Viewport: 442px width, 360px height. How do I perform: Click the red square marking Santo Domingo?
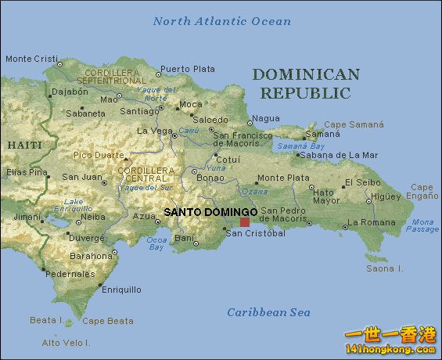(245, 222)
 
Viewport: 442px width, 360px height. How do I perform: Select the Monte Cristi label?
(31, 59)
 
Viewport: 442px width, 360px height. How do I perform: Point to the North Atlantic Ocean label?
(221, 21)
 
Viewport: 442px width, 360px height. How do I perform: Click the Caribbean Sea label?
(268, 312)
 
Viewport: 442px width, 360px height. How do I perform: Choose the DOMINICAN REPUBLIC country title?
(306, 84)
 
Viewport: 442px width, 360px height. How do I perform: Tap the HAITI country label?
(24, 146)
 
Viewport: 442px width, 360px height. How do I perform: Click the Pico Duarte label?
(99, 155)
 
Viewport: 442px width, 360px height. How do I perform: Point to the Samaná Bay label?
(300, 146)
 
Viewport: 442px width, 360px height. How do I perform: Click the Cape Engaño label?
(422, 192)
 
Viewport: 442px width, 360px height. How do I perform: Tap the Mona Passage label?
(422, 226)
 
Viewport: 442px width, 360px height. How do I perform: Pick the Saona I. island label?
(384, 268)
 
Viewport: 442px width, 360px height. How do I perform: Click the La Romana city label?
(372, 222)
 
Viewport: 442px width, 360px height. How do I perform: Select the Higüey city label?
(386, 196)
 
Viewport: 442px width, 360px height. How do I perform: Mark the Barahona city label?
(91, 256)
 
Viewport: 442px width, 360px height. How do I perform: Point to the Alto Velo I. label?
(66, 343)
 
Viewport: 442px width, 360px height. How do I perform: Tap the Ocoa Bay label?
(156, 243)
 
